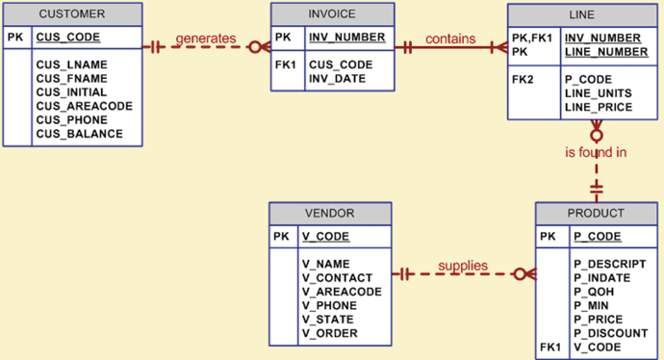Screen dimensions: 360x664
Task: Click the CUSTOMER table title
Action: [x=72, y=14]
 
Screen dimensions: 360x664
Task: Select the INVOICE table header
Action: [x=331, y=14]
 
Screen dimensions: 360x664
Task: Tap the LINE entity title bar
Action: [x=582, y=15]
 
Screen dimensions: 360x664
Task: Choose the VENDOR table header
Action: [x=329, y=213]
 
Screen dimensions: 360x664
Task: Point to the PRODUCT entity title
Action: [x=596, y=213]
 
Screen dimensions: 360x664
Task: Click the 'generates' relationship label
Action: [x=206, y=39]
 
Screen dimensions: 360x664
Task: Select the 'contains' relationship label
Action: [x=450, y=39]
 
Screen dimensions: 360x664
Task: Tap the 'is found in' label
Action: [x=597, y=151]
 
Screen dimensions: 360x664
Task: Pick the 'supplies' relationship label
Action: [x=463, y=266]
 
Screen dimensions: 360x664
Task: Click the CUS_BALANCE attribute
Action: [x=80, y=134]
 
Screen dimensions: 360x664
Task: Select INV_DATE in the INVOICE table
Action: [x=337, y=79]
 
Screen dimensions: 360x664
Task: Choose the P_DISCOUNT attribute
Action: [x=611, y=333]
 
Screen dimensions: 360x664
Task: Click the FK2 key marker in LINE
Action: [x=524, y=79]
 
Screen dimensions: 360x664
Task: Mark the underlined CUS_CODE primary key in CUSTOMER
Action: [x=68, y=39]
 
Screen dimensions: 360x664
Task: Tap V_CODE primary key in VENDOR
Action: [x=325, y=236]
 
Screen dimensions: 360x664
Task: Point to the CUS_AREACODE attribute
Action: [x=85, y=106]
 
